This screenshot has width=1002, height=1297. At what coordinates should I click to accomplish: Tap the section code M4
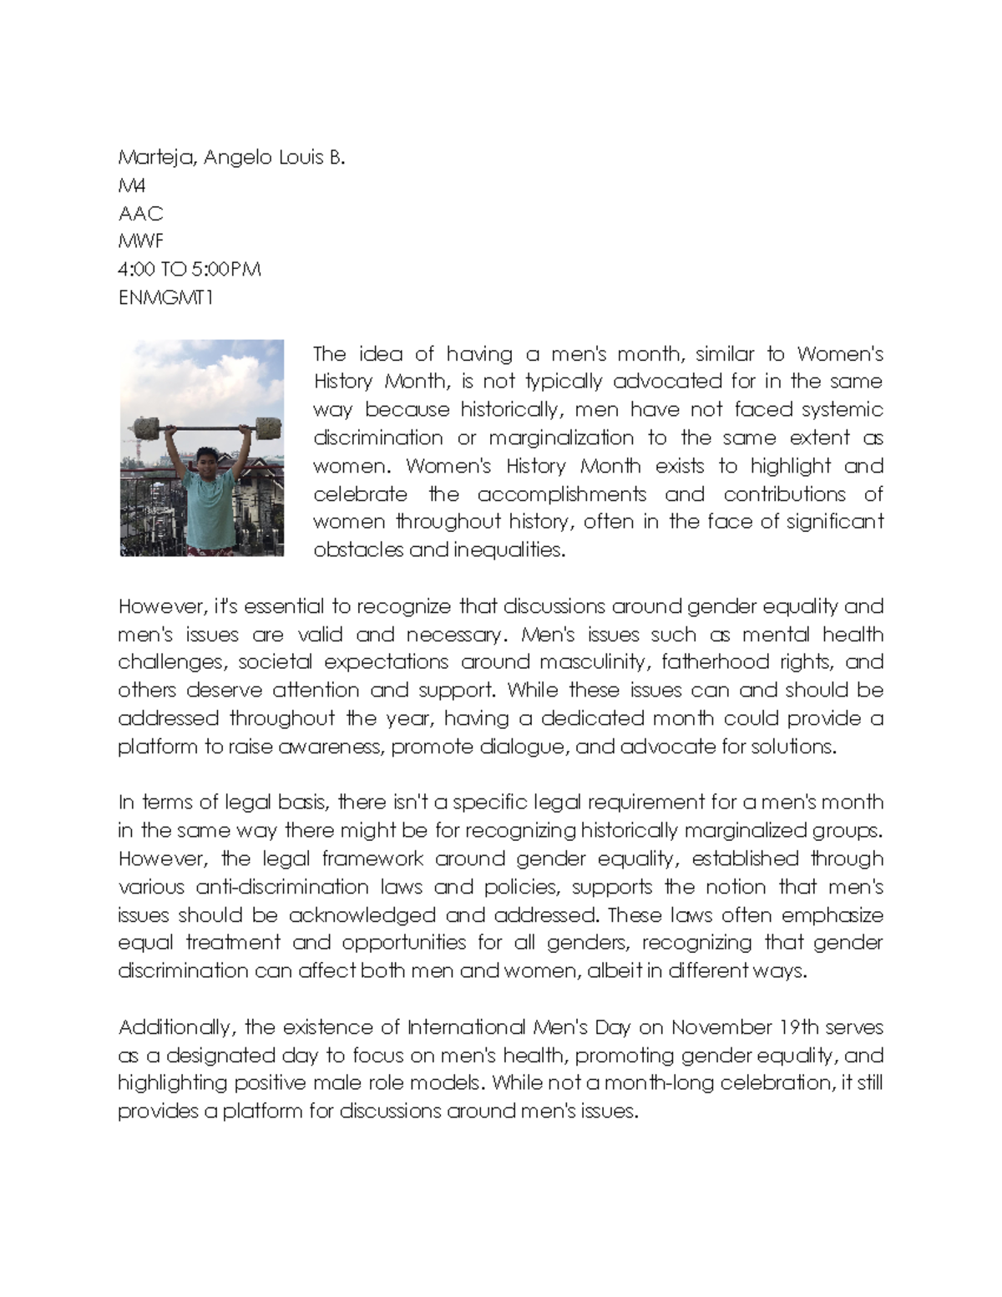[132, 185]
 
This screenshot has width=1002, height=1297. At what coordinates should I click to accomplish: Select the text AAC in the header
[140, 214]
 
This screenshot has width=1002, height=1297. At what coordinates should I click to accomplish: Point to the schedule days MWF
[141, 241]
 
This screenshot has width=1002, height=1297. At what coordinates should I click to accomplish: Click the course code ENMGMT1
[166, 297]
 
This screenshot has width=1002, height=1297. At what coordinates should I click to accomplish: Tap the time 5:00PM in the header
[225, 270]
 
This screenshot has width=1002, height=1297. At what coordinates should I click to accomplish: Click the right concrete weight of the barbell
[268, 428]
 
